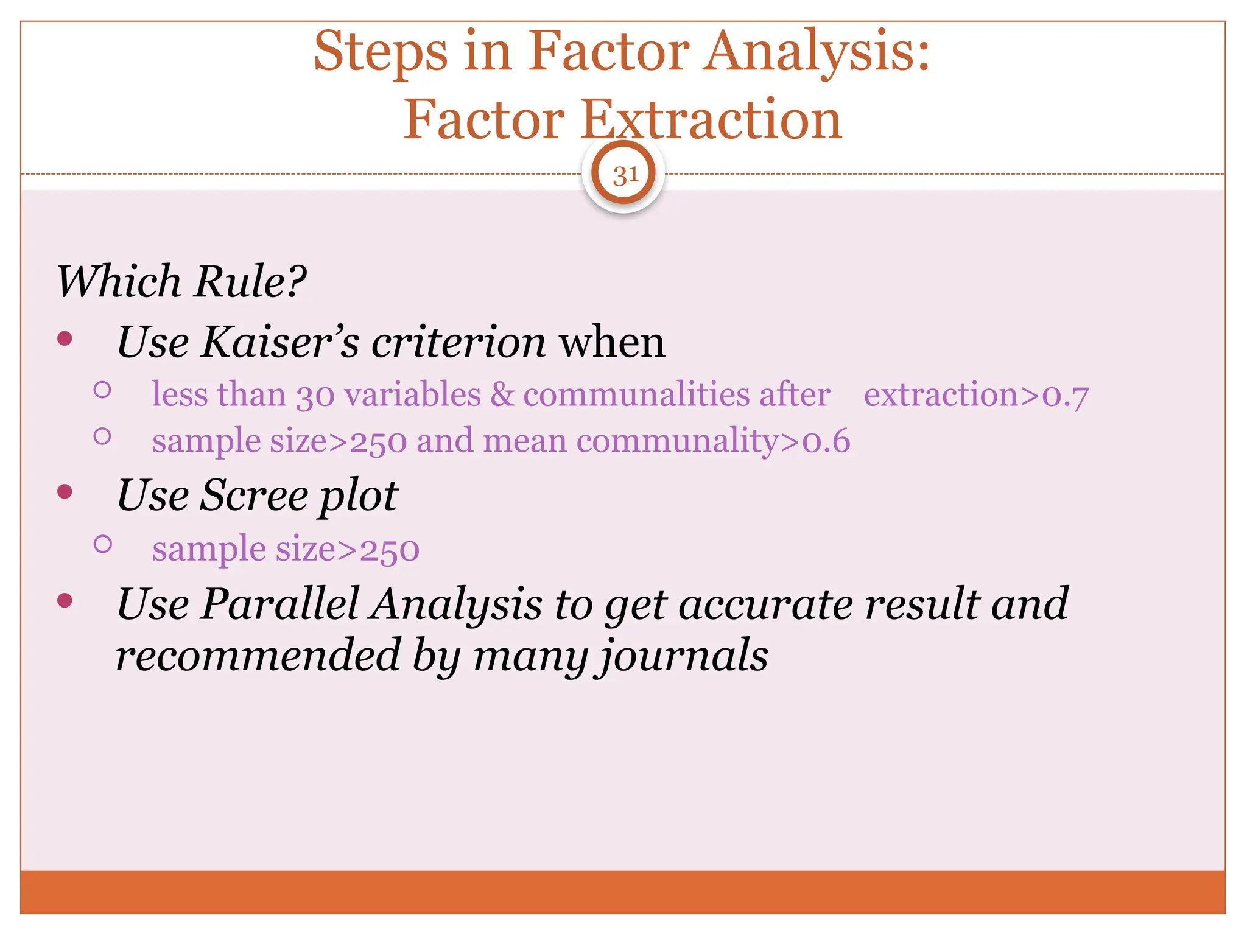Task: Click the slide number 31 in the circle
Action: click(x=624, y=175)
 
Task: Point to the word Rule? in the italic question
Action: click(x=250, y=282)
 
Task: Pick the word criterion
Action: click(x=458, y=341)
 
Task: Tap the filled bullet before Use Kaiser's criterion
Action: click(x=65, y=338)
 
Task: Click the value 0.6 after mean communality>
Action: click(x=826, y=441)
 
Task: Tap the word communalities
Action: click(x=636, y=394)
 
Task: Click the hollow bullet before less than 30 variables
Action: click(x=102, y=390)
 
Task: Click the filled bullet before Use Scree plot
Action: click(x=65, y=491)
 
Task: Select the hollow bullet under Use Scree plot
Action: click(x=103, y=544)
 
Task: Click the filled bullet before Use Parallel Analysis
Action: click(x=65, y=601)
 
